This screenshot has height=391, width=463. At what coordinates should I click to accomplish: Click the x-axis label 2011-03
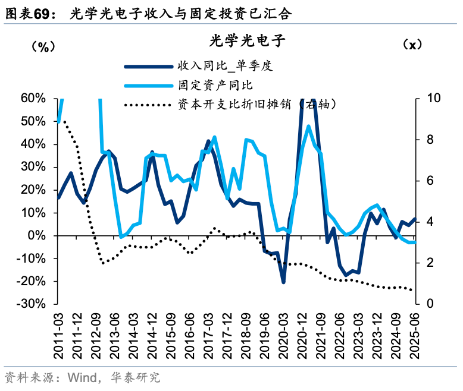point(59,336)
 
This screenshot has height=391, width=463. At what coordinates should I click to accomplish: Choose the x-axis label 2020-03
point(283,336)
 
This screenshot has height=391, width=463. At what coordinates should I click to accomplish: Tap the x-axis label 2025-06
point(413,336)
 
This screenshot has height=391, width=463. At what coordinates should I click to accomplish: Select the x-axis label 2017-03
point(208,336)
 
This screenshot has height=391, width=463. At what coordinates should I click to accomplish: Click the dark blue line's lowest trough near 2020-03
point(283,282)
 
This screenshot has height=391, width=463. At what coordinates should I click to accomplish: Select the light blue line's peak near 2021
point(308,126)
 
